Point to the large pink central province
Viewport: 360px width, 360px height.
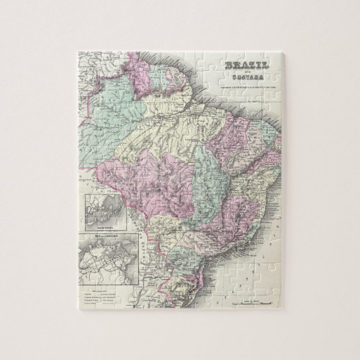click(162, 179)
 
